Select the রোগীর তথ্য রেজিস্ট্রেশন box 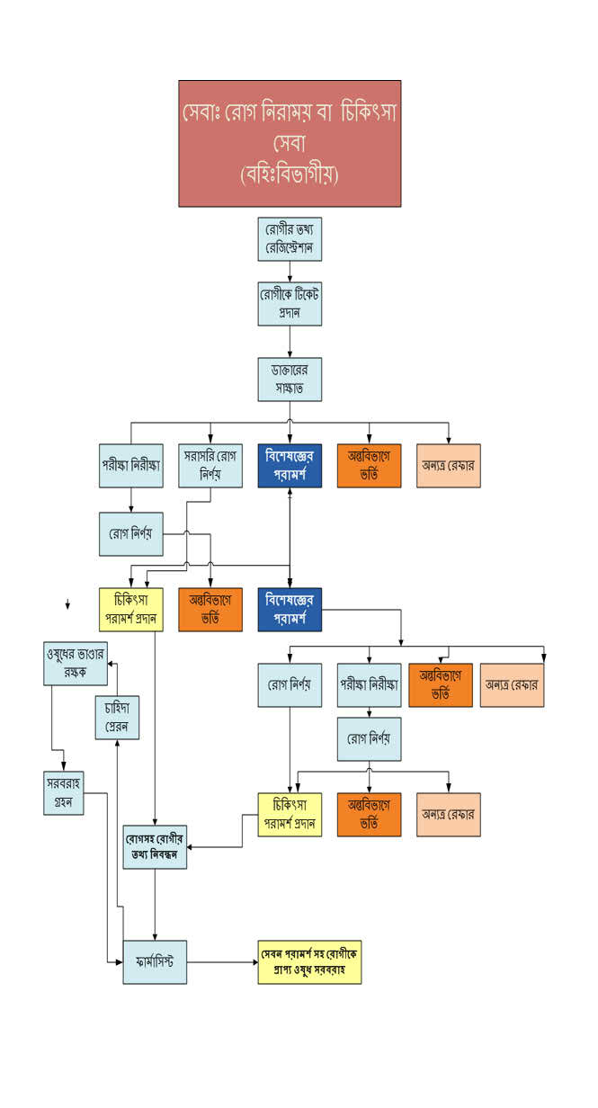click(289, 238)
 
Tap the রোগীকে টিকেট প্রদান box click(289, 303)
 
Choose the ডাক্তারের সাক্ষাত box click(289, 379)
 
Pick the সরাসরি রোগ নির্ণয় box click(210, 465)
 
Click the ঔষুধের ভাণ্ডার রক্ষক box click(76, 663)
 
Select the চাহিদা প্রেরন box click(118, 717)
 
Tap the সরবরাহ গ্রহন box click(63, 792)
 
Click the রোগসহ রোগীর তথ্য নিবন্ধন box click(155, 845)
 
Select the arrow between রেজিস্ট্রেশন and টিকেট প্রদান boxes click(289, 272)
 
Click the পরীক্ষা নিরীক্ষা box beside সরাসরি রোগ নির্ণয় click(131, 465)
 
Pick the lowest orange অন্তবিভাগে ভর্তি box click(369, 814)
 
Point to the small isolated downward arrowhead click(67, 607)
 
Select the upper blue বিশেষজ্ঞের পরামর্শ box click(289, 465)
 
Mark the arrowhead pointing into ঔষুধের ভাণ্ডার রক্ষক click(112, 664)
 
